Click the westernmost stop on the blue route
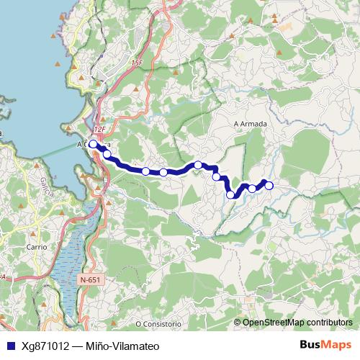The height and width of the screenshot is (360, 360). pyautogui.click(x=93, y=144)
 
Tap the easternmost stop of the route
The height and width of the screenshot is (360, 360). pyautogui.click(x=269, y=186)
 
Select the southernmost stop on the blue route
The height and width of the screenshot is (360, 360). pyautogui.click(x=230, y=194)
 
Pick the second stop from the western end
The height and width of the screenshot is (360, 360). pyautogui.click(x=107, y=154)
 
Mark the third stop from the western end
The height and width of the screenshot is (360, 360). pyautogui.click(x=146, y=171)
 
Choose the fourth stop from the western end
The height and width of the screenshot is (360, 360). pyautogui.click(x=163, y=172)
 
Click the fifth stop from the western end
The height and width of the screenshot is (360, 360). pyautogui.click(x=198, y=165)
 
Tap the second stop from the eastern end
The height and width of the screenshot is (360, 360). pyautogui.click(x=252, y=189)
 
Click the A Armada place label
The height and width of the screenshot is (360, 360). pyautogui.click(x=251, y=124)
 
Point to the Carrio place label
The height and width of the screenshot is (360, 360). pyautogui.click(x=36, y=246)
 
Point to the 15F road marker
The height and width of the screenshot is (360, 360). pyautogui.click(x=137, y=64)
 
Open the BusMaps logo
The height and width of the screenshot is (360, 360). pyautogui.click(x=325, y=346)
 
